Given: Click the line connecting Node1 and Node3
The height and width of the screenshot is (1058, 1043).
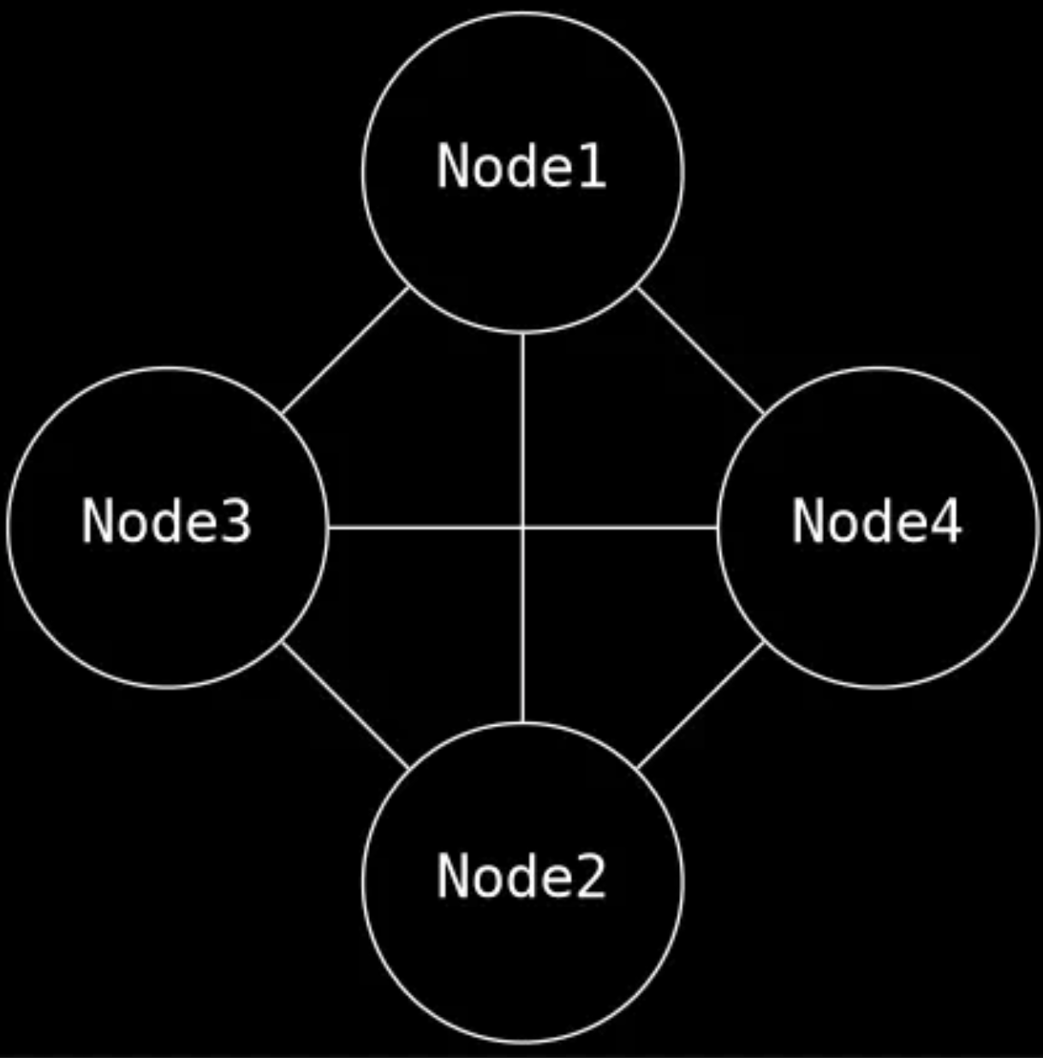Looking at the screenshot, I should pyautogui.click(x=345, y=350).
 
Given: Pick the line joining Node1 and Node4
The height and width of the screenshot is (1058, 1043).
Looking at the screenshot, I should pyautogui.click(x=700, y=350).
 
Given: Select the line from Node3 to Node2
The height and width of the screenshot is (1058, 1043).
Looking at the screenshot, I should pyautogui.click(x=345, y=704).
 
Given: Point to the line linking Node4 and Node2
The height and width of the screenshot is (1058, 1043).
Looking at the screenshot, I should pyautogui.click(x=700, y=704).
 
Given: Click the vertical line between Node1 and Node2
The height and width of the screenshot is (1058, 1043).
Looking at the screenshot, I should pyautogui.click(x=522, y=428).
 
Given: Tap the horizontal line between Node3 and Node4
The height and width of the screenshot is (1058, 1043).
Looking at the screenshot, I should pyautogui.click(x=428, y=527).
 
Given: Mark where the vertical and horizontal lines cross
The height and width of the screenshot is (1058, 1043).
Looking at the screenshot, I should pyautogui.click(x=522, y=527).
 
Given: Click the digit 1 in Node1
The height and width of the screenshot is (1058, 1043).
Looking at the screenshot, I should pyautogui.click(x=593, y=166).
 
